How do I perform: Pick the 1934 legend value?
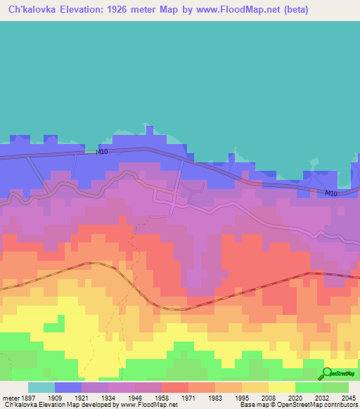(x=109, y=397)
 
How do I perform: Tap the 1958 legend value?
(x=162, y=397)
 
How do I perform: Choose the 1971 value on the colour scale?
(x=188, y=397)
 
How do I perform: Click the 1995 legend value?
(x=241, y=397)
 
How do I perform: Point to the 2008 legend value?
(x=268, y=397)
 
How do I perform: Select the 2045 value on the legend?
(x=347, y=397)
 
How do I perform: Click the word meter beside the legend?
(x=10, y=397)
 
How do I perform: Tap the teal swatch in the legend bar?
(x=41, y=387)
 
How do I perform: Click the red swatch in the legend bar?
(x=174, y=387)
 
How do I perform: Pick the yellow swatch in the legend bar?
(x=281, y=387)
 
